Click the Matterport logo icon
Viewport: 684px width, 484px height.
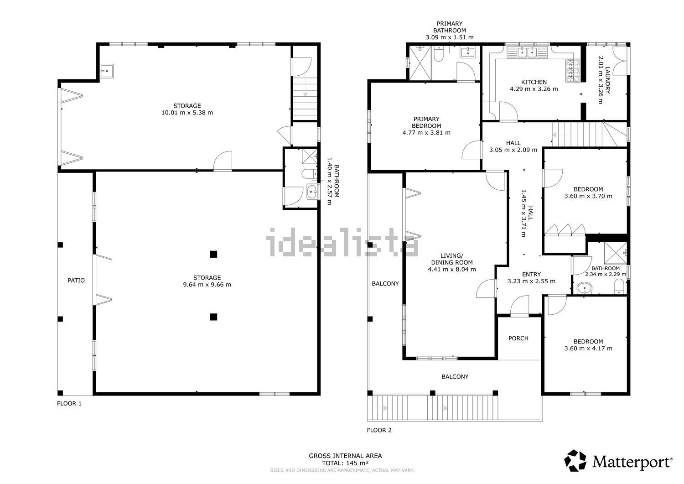tap(575, 460)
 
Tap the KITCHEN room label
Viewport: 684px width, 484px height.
tap(534, 82)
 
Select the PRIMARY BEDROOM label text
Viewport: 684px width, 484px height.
tap(426, 122)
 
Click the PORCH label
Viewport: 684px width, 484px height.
tap(518, 338)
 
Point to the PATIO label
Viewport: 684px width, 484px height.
tap(76, 280)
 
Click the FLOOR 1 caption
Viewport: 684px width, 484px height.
tap(69, 403)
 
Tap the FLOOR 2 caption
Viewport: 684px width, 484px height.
tap(379, 430)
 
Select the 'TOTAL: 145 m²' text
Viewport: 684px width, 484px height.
tap(345, 463)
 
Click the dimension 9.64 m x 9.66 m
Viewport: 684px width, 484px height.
tap(207, 285)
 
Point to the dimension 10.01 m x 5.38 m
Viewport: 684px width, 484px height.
tap(187, 112)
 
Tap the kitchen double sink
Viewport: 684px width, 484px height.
tap(527, 52)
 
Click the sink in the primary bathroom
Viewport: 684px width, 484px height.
tap(467, 52)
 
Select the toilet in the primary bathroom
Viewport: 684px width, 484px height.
tap(439, 54)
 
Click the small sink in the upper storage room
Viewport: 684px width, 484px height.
tap(107, 71)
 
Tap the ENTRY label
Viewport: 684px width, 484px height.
tap(531, 275)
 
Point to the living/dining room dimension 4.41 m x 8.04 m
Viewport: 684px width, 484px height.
tap(452, 269)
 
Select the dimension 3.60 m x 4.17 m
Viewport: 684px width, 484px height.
tap(588, 349)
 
